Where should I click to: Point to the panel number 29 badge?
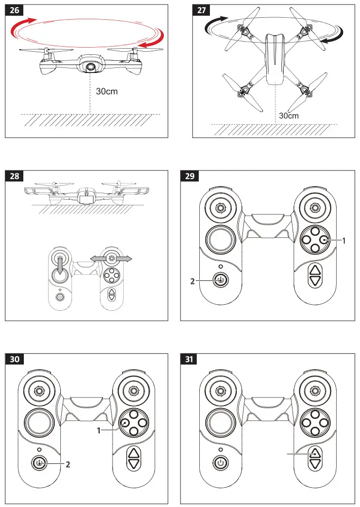(190, 176)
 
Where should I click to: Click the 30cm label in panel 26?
(107, 92)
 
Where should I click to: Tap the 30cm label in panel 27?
(289, 116)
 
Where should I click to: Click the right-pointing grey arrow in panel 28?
(124, 259)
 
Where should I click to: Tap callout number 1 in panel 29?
(344, 242)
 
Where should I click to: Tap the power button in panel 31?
(220, 462)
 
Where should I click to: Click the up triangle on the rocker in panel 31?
(315, 453)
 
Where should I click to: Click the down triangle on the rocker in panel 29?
(315, 281)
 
